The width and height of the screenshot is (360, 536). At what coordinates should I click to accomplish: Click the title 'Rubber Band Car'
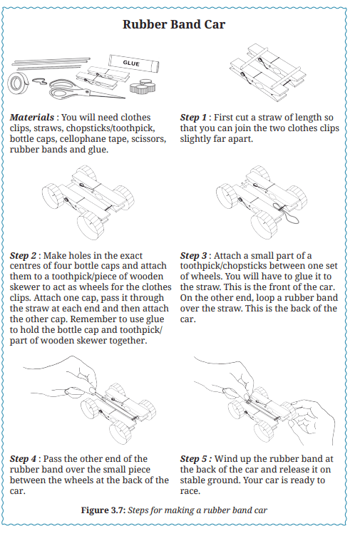[x=174, y=24]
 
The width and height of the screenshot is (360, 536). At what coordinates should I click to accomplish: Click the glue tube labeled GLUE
[x=134, y=63]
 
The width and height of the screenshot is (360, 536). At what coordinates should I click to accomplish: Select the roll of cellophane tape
[x=18, y=83]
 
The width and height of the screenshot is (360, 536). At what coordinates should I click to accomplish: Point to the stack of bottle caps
[x=143, y=86]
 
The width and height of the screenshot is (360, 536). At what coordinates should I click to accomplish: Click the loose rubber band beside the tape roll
[x=39, y=81]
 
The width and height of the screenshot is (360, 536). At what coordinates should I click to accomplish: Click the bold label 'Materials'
[x=32, y=117]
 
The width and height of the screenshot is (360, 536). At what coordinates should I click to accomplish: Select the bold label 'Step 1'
[x=193, y=117]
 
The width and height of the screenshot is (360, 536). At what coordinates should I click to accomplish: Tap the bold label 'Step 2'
[x=23, y=255]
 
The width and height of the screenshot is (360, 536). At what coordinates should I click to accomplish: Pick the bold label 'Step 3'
[x=193, y=255]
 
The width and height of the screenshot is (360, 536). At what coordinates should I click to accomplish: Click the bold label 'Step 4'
[x=23, y=458]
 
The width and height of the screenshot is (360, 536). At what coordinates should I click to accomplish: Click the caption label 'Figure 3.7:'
[x=103, y=510]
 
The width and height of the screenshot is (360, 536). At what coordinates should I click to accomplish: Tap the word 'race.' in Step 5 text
[x=190, y=491]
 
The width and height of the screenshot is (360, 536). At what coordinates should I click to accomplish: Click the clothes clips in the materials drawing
[x=103, y=77]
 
